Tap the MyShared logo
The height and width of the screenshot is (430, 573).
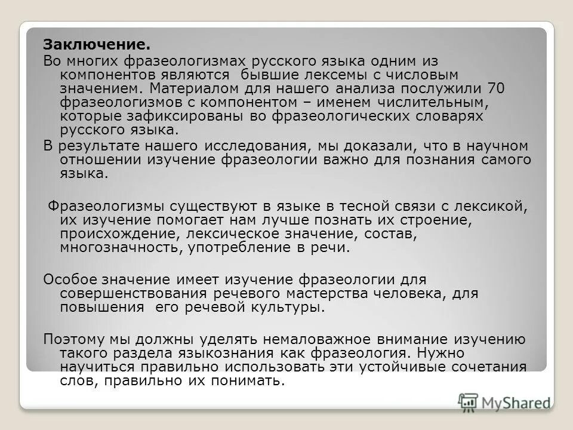pyautogui.click(x=504, y=403)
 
